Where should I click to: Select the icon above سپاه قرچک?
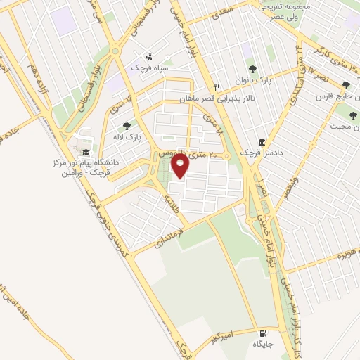click(148, 57)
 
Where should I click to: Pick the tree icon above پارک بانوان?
click(252, 69)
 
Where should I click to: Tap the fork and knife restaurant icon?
click(218, 87)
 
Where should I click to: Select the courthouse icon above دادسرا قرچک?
click(262, 141)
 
